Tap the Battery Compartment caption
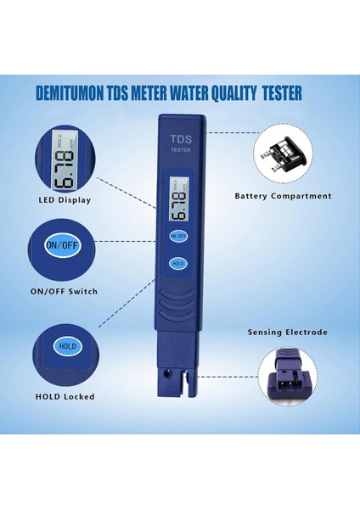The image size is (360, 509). tap(283, 196)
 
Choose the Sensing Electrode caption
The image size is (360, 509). tap(287, 333)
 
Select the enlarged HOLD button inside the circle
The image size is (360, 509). tap(66, 347)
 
